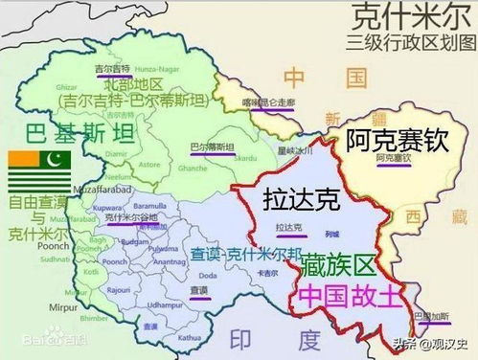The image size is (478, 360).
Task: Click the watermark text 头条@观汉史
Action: (x=430, y=344)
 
